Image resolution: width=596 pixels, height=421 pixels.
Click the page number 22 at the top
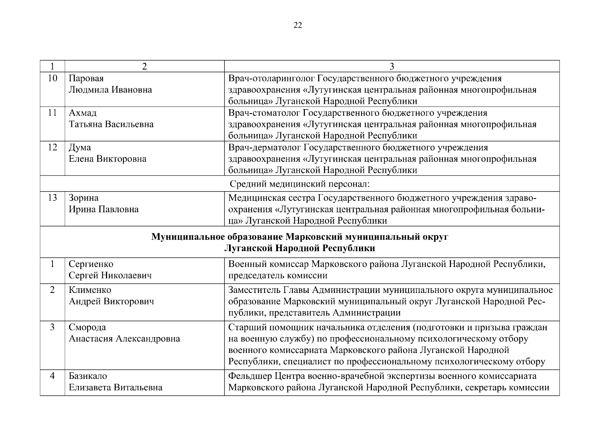pos(297,25)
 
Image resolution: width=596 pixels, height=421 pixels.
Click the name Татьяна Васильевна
pos(111,124)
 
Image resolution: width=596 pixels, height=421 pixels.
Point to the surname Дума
pos(80,147)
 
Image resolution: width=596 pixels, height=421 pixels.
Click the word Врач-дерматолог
pos(264,147)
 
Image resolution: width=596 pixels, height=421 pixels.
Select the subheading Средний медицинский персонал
pos(300,184)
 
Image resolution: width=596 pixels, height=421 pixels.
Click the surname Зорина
pos(84,198)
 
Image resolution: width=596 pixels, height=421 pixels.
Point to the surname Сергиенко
pos(91,264)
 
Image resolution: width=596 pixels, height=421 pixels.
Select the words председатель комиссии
pos(278,275)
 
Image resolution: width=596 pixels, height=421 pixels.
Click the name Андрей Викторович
pos(111,301)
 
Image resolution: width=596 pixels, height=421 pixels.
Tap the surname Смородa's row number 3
pos(52,327)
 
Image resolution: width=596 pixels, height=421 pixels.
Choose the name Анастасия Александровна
pos(124,339)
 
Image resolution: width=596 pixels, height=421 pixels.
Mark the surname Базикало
pos(88,376)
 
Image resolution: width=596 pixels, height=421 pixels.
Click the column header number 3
pos(392,66)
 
